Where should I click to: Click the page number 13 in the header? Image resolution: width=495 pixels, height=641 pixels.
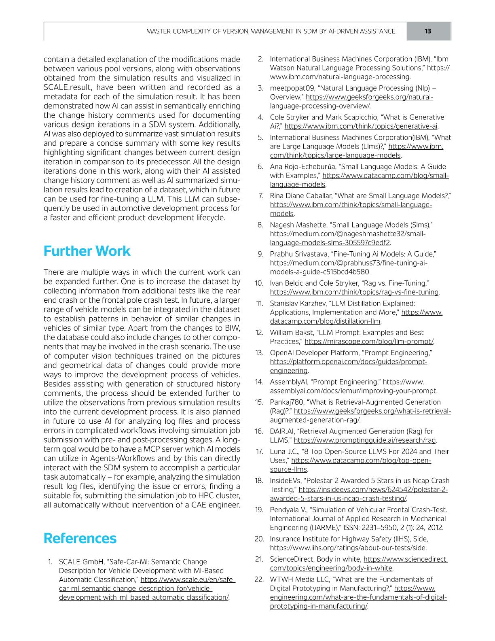(428, 31)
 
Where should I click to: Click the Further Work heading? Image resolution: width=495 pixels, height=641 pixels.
(87, 251)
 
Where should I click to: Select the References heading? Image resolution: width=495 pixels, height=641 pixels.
(80, 538)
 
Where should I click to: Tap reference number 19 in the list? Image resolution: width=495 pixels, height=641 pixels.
(259, 510)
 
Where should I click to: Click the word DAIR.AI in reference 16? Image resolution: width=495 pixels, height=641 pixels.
(282, 431)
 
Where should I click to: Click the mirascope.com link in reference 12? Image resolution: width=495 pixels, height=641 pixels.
(369, 342)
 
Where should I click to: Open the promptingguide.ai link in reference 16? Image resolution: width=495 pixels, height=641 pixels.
(365, 440)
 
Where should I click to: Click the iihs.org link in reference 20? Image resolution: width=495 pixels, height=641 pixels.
(348, 548)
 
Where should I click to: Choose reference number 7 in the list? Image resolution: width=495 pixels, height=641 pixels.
(261, 196)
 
